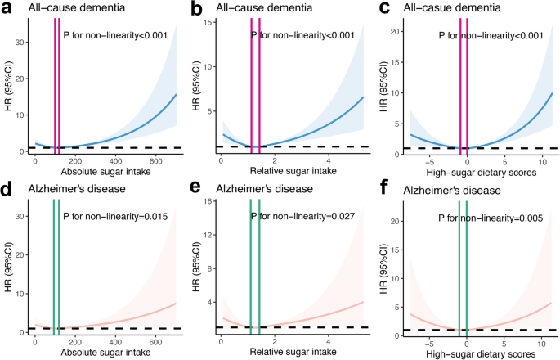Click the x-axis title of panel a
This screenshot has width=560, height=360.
105,173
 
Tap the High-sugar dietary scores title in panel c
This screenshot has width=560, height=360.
480,173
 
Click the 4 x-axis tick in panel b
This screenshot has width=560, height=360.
328,162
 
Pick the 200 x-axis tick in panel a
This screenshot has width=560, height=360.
74,162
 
